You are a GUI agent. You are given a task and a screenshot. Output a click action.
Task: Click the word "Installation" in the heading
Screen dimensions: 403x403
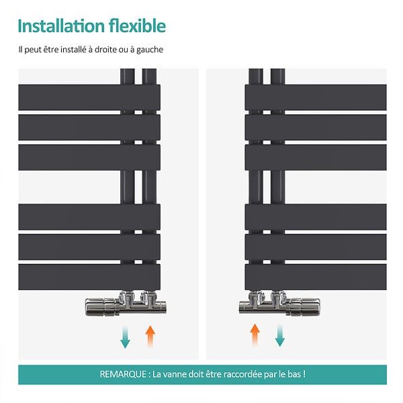pos(61,26)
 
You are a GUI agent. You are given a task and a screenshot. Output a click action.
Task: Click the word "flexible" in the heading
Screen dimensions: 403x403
pos(138,26)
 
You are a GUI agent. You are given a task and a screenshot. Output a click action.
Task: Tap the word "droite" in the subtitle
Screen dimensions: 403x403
pos(105,49)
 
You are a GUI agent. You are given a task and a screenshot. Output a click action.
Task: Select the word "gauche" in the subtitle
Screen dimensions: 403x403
pos(150,50)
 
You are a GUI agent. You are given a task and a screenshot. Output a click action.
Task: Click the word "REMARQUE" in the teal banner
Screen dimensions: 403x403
pos(123,374)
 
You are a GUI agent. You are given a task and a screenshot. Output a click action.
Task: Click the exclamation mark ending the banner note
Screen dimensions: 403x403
pos(304,373)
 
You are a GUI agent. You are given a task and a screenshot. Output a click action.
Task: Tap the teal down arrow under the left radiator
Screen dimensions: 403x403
pos(125,337)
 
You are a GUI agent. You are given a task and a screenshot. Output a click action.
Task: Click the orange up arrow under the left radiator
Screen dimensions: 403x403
pos(150,337)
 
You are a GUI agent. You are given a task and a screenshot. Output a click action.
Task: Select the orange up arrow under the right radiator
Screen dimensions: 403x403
pos(255,335)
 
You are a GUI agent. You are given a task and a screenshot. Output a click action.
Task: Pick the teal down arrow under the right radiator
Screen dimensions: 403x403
pos(280,335)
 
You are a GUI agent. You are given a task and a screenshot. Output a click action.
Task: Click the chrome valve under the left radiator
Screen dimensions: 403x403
pos(126,304)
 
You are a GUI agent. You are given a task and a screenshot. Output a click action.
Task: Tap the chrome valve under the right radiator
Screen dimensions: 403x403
pos(279,304)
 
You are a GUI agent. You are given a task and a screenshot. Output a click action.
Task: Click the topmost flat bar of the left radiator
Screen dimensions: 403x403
pos(89,97)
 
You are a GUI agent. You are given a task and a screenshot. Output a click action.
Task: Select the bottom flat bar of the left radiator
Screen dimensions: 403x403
pos(89,277)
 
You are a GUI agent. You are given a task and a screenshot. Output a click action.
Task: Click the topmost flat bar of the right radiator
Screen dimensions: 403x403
pos(316,97)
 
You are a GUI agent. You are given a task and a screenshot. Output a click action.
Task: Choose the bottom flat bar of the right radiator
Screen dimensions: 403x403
pos(316,277)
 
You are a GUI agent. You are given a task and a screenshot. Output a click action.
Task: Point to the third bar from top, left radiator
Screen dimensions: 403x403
pos(89,157)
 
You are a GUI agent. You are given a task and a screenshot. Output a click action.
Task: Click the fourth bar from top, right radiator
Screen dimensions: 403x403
pos(316,217)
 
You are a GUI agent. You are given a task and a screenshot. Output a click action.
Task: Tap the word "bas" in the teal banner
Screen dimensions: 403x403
pos(294,374)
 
